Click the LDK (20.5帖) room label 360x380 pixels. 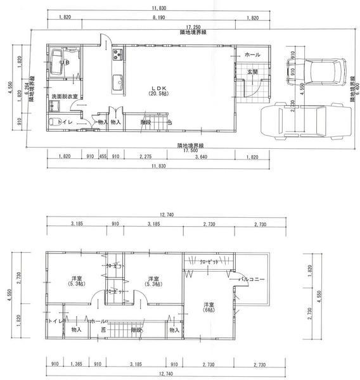click(156, 91)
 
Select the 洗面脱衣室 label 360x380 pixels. click(65, 96)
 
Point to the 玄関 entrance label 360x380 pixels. click(253, 72)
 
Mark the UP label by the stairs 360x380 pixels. click(169, 122)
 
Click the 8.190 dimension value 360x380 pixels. click(158, 18)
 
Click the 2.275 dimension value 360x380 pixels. click(144, 156)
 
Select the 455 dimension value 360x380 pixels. click(102, 156)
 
